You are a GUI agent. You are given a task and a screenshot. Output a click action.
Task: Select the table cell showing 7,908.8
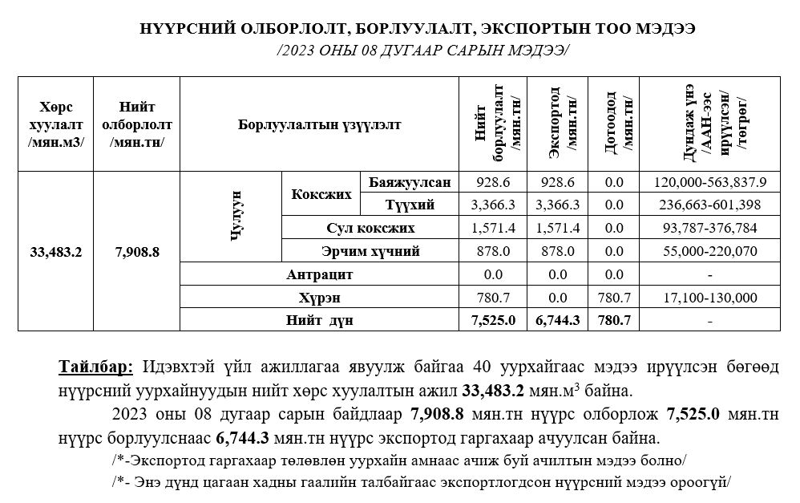click(137, 251)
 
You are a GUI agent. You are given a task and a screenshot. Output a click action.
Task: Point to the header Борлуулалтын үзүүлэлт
click(319, 124)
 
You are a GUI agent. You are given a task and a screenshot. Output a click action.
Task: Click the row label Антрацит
click(320, 274)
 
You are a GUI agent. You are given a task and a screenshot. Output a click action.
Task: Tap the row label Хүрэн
click(320, 298)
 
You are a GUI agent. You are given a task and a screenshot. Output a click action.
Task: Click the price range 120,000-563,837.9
click(710, 182)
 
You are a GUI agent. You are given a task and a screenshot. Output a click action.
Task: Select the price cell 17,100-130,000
click(710, 298)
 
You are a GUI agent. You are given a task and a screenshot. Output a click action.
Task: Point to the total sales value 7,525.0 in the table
click(494, 320)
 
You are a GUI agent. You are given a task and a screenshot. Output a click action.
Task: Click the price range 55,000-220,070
click(710, 252)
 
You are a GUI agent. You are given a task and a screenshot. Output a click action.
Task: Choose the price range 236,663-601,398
click(710, 205)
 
